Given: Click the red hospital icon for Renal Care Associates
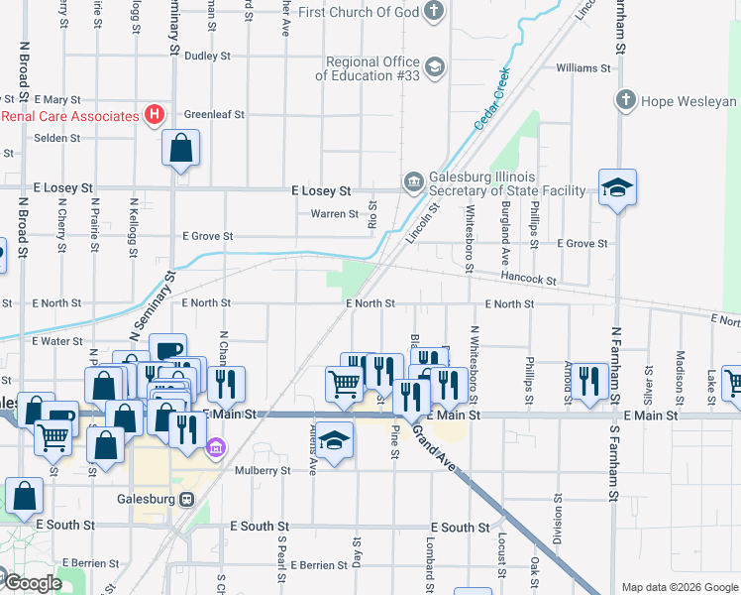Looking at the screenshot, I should point(154,116).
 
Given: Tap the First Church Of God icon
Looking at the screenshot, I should point(433,12).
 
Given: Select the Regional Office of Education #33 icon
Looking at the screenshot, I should point(433,67).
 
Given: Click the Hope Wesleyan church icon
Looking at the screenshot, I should point(625,101).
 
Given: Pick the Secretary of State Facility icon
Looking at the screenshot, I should point(413,181).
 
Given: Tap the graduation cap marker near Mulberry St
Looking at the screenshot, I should point(336,441).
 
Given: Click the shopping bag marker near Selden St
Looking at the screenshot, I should point(181,149).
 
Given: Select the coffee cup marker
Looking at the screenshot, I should point(167,350).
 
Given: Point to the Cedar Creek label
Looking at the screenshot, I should point(491,98).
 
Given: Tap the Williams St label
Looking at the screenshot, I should point(583,68).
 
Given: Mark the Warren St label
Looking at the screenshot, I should point(334,214).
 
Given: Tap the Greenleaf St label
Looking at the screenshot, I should point(213,114).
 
